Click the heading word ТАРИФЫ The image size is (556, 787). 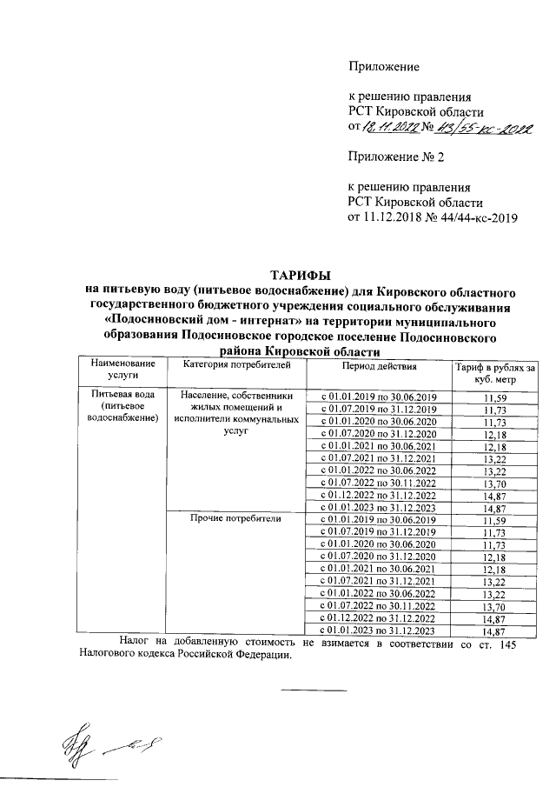click(298, 276)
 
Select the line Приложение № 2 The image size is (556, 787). click(396, 157)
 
